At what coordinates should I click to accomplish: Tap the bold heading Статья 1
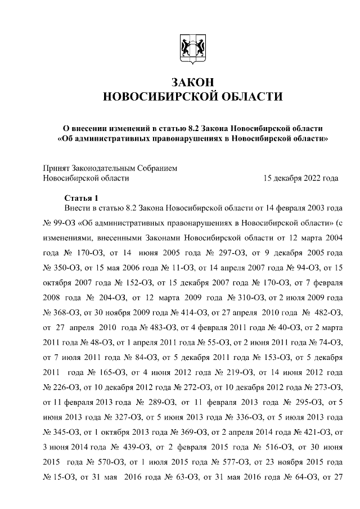click(81, 197)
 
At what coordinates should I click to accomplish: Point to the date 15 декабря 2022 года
click(301, 178)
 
